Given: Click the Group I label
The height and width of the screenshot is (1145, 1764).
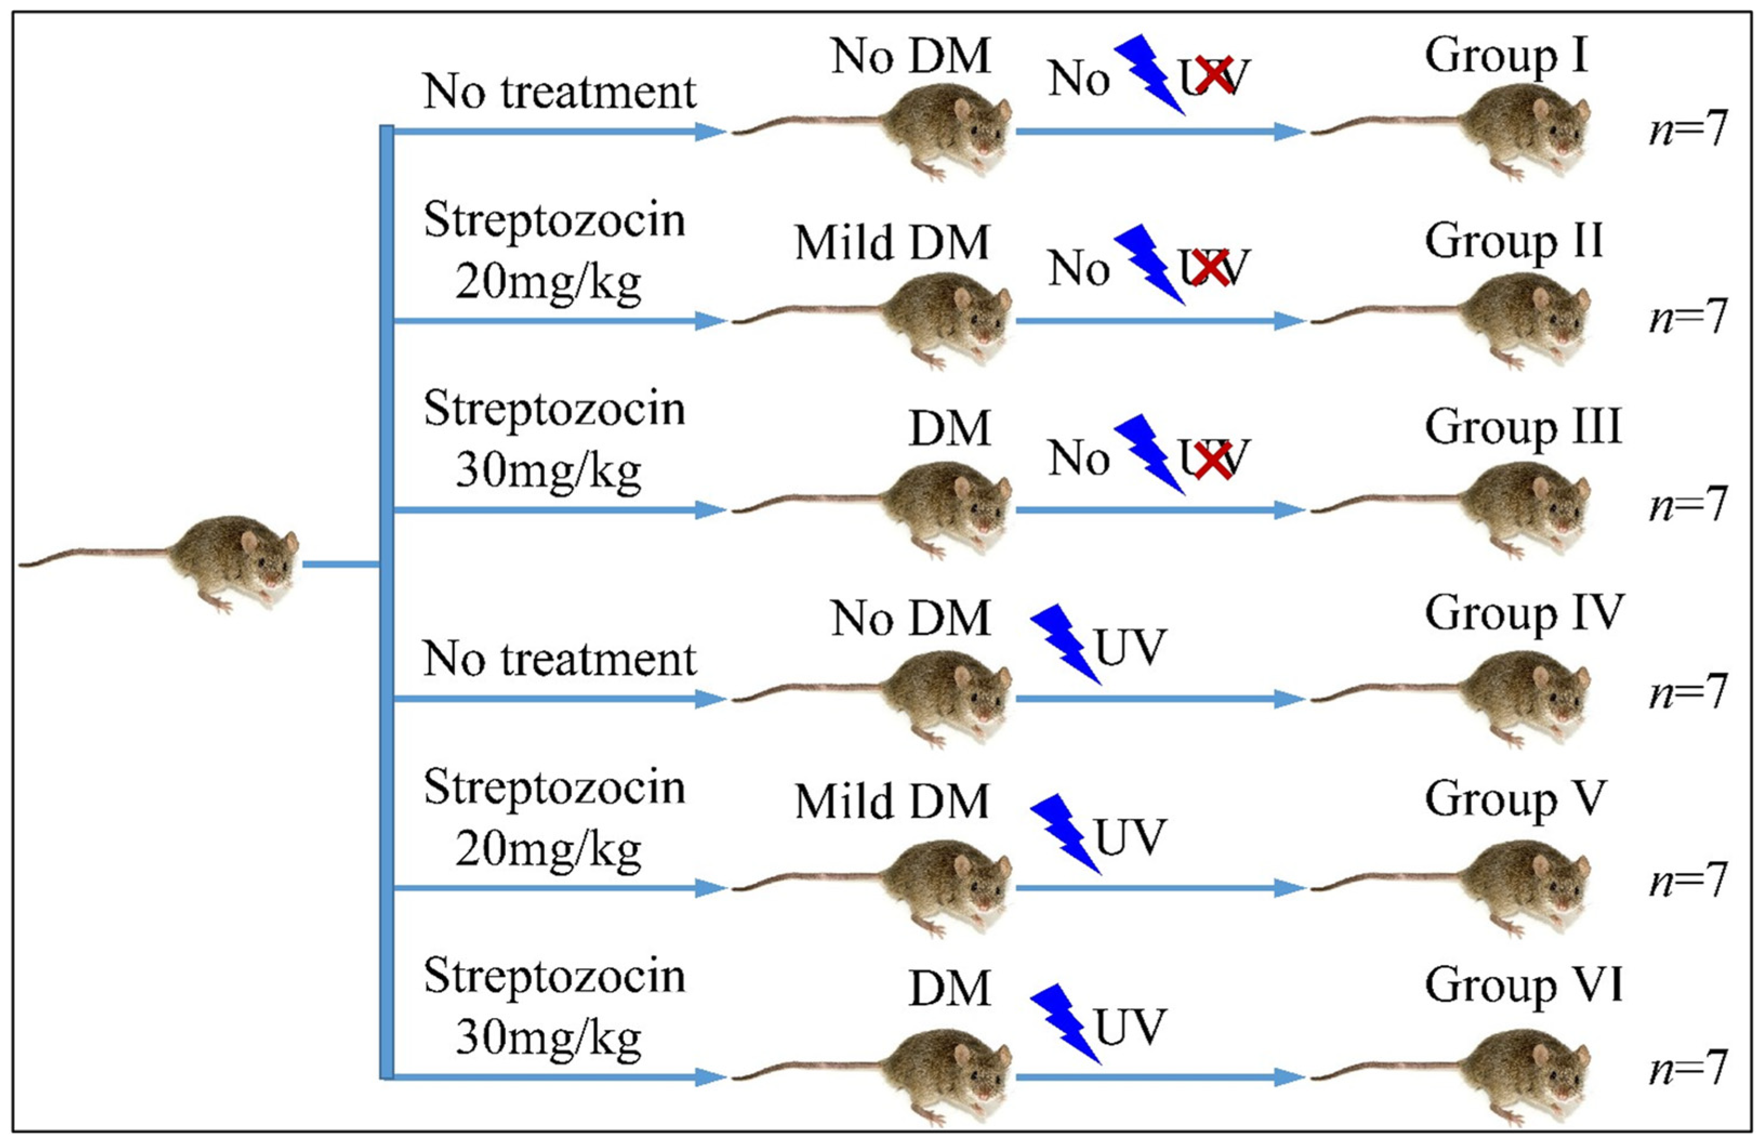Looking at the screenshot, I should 1506,56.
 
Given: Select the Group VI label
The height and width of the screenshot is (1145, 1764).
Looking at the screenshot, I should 1523,985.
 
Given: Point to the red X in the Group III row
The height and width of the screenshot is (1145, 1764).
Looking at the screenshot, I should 1212,460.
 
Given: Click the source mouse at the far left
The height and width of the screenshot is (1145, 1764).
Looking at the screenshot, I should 222,560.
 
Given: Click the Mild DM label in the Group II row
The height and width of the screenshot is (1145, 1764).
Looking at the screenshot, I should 892,243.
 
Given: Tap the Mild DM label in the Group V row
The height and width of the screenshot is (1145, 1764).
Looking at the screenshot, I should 892,802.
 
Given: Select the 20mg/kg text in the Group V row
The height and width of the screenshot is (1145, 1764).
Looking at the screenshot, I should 548,850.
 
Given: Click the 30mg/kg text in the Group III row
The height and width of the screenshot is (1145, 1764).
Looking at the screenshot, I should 548,471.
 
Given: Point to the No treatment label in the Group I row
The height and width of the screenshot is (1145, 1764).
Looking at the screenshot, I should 560,92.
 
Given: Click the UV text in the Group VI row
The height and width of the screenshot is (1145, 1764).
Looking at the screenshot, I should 1130,1027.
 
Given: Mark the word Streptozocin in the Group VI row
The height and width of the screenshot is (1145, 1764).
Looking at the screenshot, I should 554,977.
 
